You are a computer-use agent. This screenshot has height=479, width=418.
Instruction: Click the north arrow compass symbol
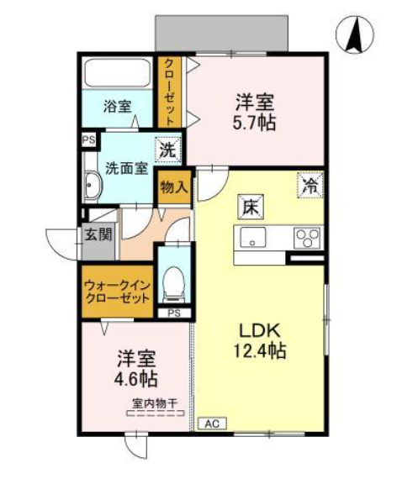point(355,34)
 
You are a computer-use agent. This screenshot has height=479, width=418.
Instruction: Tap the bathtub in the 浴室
point(118,73)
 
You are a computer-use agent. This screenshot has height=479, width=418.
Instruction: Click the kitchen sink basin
point(252,237)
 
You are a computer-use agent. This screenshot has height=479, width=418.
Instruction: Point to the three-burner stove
point(308,238)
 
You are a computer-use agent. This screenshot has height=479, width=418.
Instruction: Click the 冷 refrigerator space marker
point(310,185)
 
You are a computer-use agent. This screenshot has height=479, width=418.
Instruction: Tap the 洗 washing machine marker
point(168,150)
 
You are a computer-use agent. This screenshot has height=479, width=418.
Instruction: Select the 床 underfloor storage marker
point(251,207)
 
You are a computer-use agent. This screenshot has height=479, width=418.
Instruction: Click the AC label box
point(212,424)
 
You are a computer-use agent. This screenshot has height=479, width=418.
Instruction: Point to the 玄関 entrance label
point(98,234)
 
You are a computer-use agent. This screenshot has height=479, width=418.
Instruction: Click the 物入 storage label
point(174,187)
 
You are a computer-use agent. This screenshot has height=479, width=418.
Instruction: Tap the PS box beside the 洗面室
point(88,140)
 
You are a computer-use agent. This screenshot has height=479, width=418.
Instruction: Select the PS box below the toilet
point(174,313)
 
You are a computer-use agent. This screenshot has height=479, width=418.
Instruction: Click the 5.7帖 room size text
point(254,123)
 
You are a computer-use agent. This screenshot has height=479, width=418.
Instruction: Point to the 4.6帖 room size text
point(136,379)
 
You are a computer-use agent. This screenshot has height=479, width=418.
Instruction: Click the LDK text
point(260,331)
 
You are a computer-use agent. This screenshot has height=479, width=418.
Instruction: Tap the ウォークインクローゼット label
point(118,292)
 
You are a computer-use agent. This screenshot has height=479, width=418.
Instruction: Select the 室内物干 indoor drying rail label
point(155,404)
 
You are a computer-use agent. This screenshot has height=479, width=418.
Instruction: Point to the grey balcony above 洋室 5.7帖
point(222,33)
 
